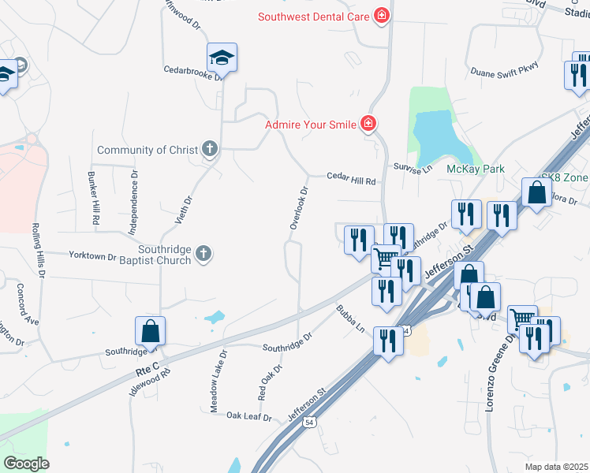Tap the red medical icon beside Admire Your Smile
point(368,123)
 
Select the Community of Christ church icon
point(209,149)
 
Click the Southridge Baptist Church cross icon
point(204,253)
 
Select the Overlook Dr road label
point(297,208)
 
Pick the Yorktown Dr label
point(92,257)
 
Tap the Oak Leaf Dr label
point(248,415)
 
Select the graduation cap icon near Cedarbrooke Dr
point(222,58)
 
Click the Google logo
point(26,464)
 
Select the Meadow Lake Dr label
point(218,382)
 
